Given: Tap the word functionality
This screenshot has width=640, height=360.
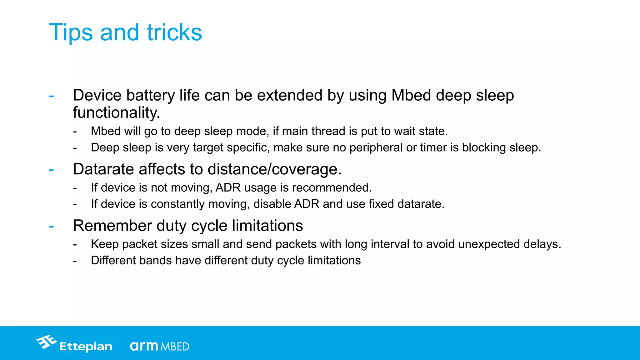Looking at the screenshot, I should point(116,112).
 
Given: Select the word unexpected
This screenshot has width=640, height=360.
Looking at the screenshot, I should point(489,244).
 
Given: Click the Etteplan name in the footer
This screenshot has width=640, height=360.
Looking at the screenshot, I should point(86,347).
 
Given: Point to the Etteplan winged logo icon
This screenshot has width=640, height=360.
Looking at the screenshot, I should point(46,342).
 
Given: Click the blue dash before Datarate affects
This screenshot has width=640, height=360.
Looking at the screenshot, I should point(52,170).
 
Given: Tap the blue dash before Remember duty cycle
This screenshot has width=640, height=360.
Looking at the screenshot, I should point(52,226).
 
